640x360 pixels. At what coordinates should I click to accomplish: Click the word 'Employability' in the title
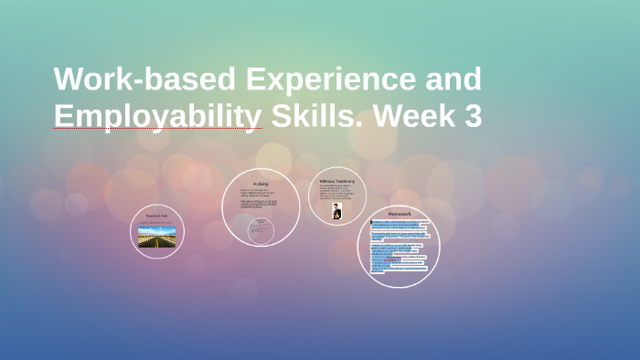coord(157,117)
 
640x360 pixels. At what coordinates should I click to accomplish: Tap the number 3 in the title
coord(472,117)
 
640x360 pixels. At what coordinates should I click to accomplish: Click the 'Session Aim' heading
coord(157,216)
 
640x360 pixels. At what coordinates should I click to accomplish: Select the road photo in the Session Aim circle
coord(157,236)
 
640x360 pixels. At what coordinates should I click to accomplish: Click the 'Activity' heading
coord(261,184)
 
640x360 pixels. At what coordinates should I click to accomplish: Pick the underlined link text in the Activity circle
coord(261,205)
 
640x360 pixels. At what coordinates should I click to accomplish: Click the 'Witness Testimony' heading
coord(336,181)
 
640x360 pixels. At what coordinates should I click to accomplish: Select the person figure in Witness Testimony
coord(336,211)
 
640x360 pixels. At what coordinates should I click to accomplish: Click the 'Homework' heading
coord(399,214)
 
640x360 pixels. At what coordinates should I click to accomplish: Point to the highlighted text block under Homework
coord(399,242)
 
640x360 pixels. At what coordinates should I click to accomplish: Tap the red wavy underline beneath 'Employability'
coord(157,129)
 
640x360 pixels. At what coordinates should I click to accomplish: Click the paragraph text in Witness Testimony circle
coord(336,193)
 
